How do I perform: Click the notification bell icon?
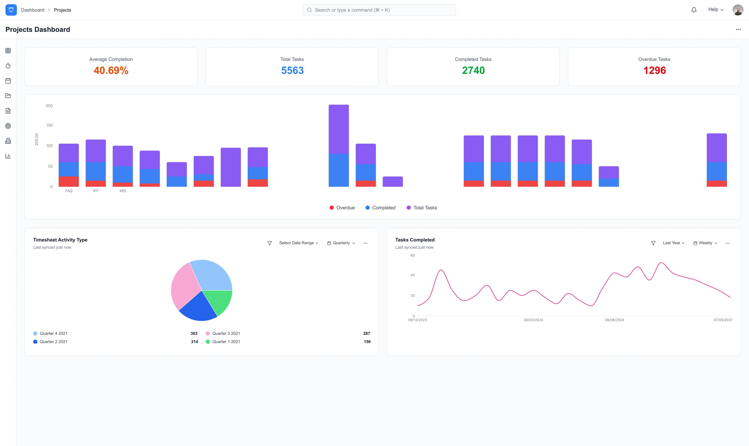[694, 10]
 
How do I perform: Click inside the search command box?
[379, 10]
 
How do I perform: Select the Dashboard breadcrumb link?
[32, 10]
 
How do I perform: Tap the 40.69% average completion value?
[111, 70]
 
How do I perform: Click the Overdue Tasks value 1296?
[654, 70]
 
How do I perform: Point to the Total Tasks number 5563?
[292, 70]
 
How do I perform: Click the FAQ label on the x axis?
[69, 191]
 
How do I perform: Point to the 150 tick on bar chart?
[49, 125]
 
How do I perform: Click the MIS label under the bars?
[123, 191]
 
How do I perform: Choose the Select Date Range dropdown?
[298, 243]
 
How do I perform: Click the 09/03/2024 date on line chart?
[533, 320]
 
